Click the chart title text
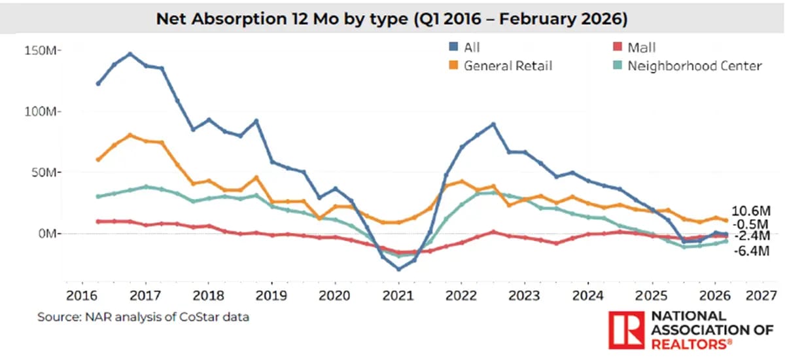click(392, 20)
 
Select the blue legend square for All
click(452, 48)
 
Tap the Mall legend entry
click(641, 48)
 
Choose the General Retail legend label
click(508, 66)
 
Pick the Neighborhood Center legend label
click(695, 66)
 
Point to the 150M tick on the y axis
click(43, 51)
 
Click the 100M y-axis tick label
click(43, 112)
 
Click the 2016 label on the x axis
click(79, 294)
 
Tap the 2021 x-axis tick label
click(398, 294)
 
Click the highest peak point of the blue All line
click(130, 54)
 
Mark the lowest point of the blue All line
click(398, 269)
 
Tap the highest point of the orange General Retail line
click(130, 135)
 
